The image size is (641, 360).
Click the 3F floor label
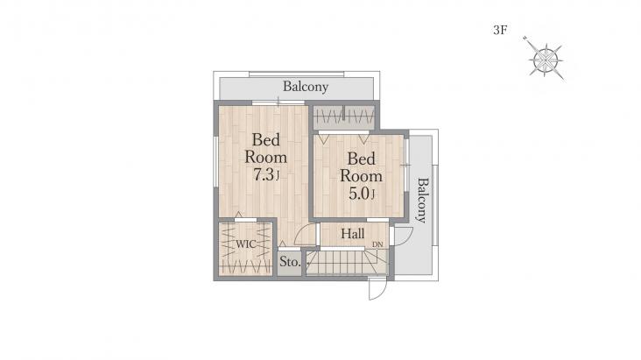tap(500, 30)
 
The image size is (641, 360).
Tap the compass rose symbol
tap(546, 60)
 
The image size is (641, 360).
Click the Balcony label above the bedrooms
tap(306, 87)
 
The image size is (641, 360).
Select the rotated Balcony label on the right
tap(423, 200)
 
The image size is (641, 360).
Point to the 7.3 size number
tap(263, 175)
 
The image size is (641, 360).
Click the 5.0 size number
tap(358, 194)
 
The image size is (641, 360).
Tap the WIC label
tap(246, 244)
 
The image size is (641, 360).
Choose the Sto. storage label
tap(290, 262)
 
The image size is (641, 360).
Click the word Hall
tap(352, 234)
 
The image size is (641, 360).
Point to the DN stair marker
tap(377, 244)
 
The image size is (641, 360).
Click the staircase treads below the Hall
tap(346, 262)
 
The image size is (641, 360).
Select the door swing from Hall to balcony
tap(403, 236)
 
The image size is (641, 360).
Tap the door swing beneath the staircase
tap(377, 289)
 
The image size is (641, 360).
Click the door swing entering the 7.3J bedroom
tap(305, 236)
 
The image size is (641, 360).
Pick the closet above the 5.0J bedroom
tap(344, 116)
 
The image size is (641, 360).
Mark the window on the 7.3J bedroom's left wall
tap(215, 162)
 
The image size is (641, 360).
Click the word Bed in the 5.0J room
tap(361, 159)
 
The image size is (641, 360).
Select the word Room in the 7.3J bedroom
tap(265, 157)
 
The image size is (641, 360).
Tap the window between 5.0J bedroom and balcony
tap(407, 165)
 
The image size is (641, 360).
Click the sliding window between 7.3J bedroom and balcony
tap(278, 102)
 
